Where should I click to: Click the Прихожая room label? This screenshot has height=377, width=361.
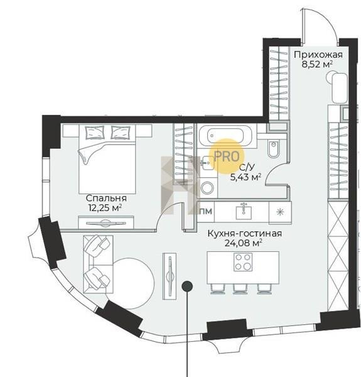pos(318,55)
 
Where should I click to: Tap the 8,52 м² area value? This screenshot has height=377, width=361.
pos(317,65)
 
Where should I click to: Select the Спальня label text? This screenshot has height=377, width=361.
pos(106,199)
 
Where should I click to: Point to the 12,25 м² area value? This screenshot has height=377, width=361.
pos(105,207)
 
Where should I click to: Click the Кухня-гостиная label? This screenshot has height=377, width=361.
pos(244,233)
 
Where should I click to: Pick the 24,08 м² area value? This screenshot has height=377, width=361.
pos(243,243)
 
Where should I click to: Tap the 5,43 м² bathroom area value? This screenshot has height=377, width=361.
pos(245,177)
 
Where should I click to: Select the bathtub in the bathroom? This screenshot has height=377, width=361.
pos(225,135)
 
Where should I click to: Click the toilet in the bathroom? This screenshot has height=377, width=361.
pos(274,148)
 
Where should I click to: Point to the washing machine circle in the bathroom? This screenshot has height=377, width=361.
pos(207,188)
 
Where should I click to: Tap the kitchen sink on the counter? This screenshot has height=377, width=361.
pos(244,212)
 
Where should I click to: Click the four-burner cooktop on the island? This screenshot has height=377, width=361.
pos(243,262)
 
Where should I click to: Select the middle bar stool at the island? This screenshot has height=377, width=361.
pos(241,289)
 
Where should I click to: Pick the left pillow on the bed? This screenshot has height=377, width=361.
pos(95,133)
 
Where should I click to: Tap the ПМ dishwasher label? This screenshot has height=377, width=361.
pos(206,211)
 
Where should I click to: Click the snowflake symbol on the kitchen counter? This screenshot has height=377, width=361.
pos(279,212)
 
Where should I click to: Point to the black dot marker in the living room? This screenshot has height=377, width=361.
pos(187,286)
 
